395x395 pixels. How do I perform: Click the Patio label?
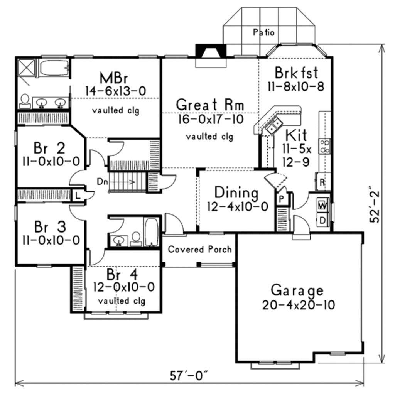click(264, 33)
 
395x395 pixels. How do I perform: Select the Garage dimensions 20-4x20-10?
click(298, 305)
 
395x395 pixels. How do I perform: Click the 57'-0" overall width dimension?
click(189, 375)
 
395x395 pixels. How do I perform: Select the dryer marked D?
click(322, 221)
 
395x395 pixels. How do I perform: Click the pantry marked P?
click(282, 199)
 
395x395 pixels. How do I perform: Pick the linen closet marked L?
click(78, 195)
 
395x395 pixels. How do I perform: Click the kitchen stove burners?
click(325, 146)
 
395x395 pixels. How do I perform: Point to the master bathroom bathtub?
click(54, 68)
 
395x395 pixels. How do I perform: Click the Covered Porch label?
click(200, 249)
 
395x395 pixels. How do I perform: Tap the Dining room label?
click(236, 192)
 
